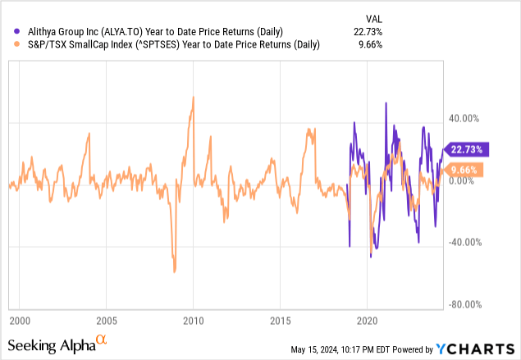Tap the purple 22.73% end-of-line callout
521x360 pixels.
pyautogui.click(x=469, y=149)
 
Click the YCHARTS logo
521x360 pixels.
pyautogui.click(x=475, y=349)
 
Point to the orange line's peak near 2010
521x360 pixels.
pyautogui.click(x=193, y=97)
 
